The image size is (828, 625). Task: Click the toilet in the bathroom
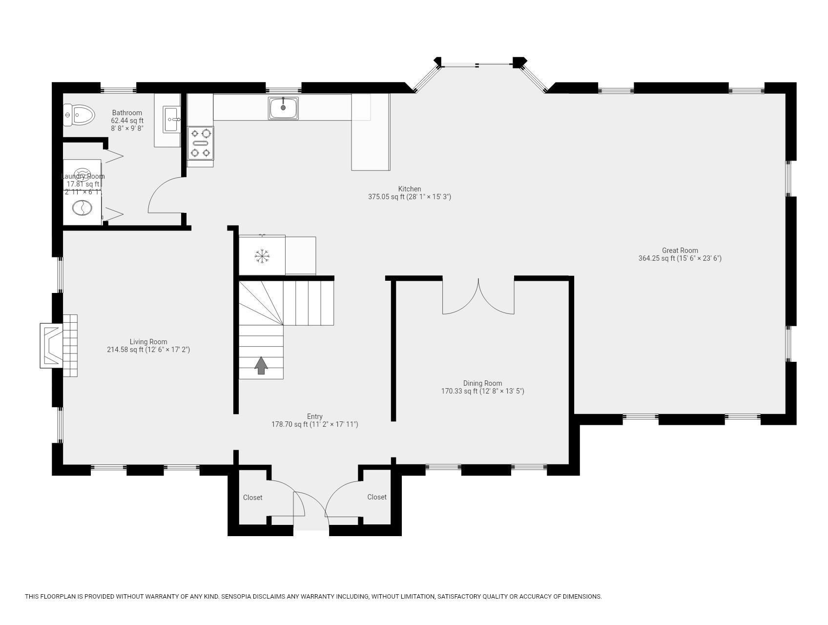[79, 116]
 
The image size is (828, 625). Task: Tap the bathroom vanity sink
[172, 119]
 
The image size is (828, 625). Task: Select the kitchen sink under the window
[283, 108]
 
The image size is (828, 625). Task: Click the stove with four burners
[201, 143]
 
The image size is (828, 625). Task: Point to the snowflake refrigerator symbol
[262, 256]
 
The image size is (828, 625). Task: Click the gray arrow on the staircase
[261, 365]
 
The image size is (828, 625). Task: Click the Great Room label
[680, 250]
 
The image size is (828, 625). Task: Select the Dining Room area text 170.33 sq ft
[482, 391]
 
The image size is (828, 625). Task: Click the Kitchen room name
[409, 189]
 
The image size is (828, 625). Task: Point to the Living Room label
[148, 342]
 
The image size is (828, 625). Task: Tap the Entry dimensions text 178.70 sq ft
[314, 424]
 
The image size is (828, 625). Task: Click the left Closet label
[252, 498]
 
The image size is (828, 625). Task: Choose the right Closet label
[376, 497]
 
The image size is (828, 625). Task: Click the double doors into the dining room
[478, 298]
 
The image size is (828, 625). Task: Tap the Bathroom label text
[127, 113]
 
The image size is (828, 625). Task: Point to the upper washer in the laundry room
[82, 174]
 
